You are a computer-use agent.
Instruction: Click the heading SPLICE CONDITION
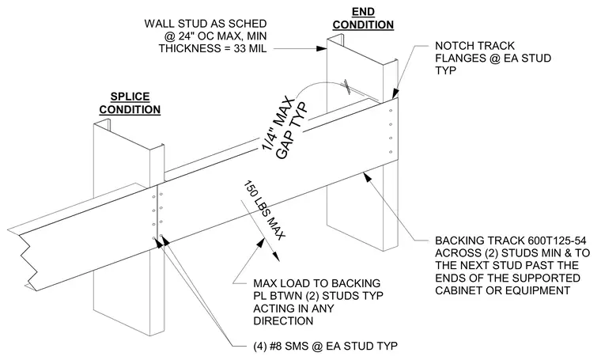[x=130, y=103]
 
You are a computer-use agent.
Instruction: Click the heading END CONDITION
[x=363, y=18]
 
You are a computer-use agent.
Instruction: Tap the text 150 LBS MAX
[x=264, y=210]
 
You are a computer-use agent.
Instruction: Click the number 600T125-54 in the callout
[x=557, y=241]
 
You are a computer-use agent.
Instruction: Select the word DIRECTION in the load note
[x=283, y=321]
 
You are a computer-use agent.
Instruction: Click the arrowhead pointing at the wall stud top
[x=322, y=49]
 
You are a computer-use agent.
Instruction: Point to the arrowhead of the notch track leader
[x=395, y=94]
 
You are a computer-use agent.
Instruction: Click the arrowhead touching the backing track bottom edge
[x=366, y=177]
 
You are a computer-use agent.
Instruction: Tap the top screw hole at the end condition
[x=391, y=111]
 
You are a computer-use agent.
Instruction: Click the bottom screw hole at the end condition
[x=391, y=152]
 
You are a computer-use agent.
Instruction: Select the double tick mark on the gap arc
[x=348, y=87]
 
